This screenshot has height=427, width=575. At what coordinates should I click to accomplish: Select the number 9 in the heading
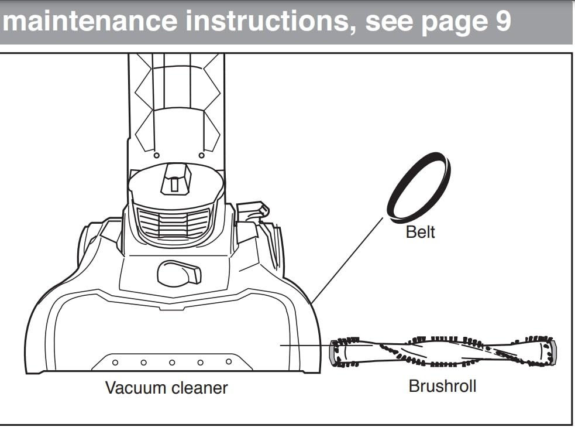(x=502, y=22)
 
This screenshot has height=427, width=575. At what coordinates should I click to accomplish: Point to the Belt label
(x=420, y=233)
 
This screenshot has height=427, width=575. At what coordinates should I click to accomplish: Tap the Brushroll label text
(x=442, y=387)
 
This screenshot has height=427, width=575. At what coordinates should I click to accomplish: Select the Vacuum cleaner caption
(x=166, y=387)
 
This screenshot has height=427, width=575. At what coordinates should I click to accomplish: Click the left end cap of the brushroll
(x=334, y=353)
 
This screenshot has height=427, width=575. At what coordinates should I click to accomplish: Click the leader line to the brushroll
(x=304, y=345)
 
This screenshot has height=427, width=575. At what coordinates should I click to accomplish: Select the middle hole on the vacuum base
(x=172, y=363)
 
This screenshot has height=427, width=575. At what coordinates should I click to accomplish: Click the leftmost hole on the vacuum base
(x=115, y=363)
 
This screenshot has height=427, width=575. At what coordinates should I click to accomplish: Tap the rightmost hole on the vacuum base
(x=229, y=361)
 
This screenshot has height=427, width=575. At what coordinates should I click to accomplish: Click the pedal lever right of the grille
(x=253, y=210)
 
